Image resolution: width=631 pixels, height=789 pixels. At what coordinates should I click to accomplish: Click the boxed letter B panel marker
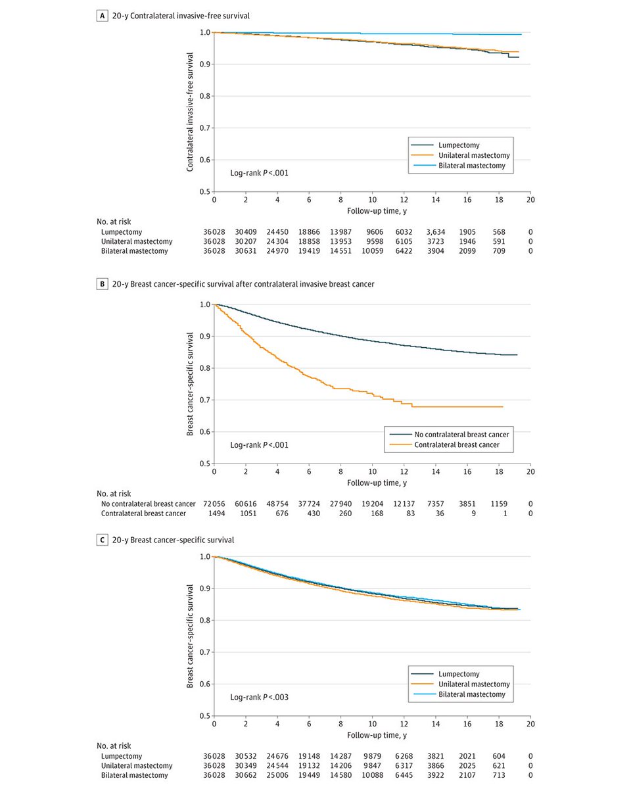click(102, 284)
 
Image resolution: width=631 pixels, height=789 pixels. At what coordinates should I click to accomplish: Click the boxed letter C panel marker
click(102, 540)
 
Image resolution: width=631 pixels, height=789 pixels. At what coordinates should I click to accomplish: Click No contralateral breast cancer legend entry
click(463, 435)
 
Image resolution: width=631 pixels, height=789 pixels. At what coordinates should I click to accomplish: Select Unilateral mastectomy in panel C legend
click(471, 684)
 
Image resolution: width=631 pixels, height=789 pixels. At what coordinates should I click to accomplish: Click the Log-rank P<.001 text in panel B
click(259, 445)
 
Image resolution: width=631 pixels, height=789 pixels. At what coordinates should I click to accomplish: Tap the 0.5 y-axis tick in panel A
click(204, 192)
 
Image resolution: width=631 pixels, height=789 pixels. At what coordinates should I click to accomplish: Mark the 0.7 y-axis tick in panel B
click(204, 400)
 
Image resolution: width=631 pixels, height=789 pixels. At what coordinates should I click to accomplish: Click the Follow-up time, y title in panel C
click(372, 734)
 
